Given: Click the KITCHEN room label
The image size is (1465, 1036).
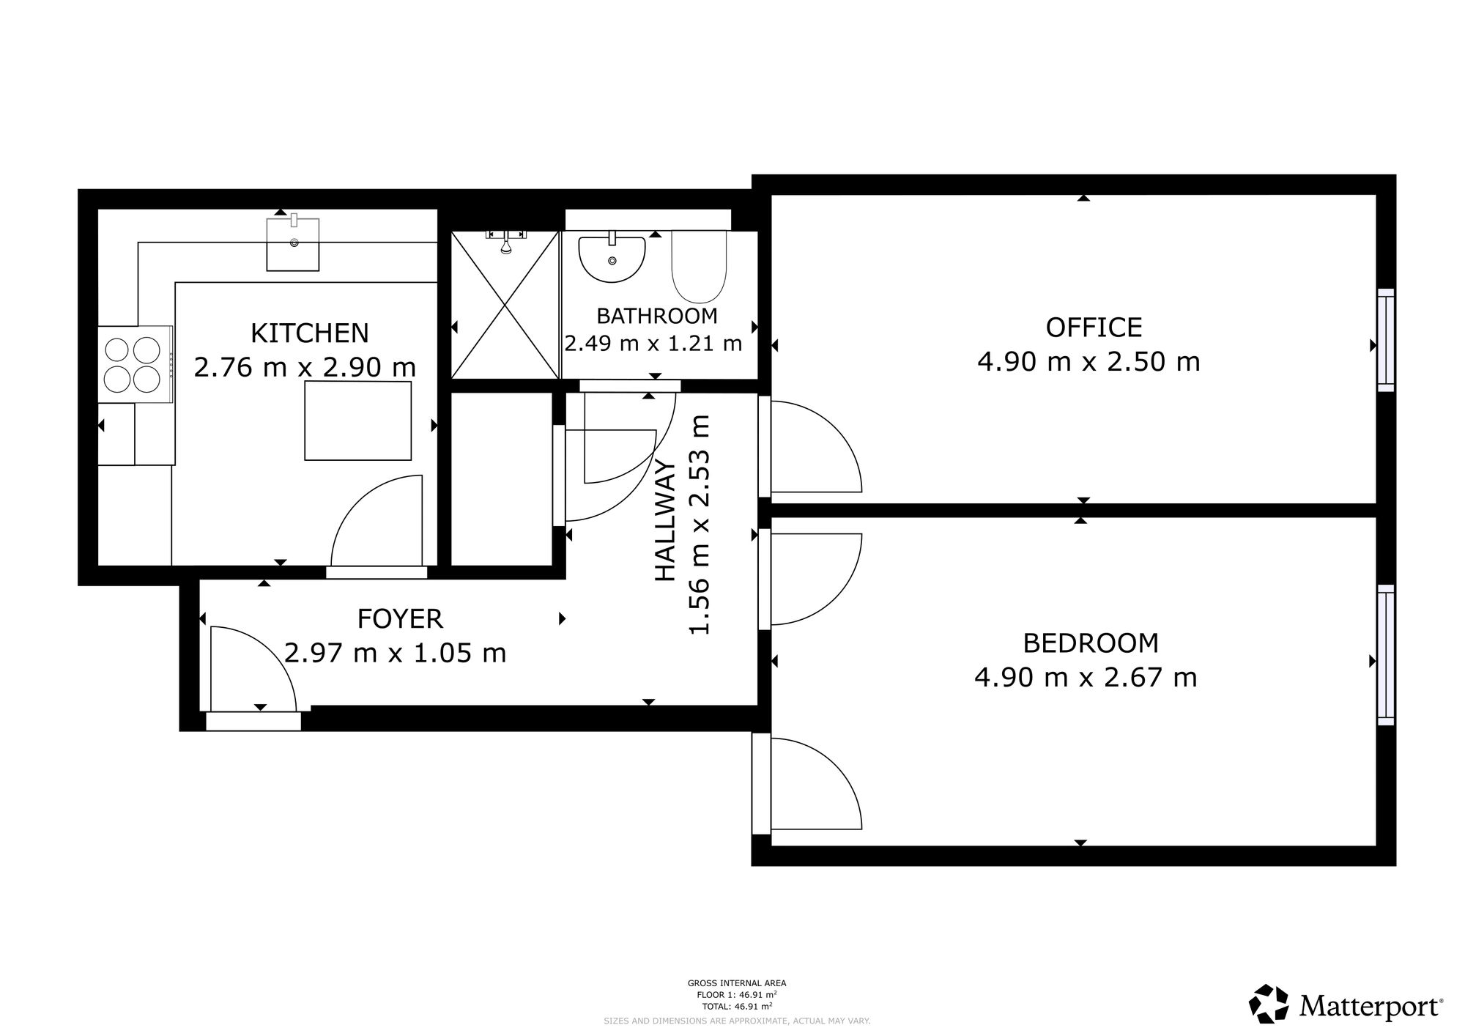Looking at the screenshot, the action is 309,333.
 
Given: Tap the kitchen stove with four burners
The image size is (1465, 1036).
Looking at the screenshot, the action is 135,364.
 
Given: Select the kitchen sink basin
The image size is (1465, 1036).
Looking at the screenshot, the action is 293,244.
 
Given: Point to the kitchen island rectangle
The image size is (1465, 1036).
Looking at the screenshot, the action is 357,421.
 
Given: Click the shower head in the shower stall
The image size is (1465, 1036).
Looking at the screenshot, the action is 505,242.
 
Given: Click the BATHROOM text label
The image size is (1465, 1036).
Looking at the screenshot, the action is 656,317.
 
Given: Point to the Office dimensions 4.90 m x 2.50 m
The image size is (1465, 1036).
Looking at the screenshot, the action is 1088,362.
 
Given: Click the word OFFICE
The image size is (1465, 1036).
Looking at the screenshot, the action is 1094,328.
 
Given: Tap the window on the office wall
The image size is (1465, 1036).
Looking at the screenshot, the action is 1386,340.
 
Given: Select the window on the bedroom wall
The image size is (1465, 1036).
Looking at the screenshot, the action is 1386,655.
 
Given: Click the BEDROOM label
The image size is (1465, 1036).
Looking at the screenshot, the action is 1091,643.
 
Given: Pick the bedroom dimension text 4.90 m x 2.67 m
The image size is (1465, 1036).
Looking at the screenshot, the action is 1086,677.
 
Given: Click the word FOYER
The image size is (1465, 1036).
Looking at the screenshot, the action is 400,619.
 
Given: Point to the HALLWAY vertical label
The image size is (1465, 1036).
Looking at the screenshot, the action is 664,521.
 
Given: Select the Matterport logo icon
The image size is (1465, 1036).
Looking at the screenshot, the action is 1269,1004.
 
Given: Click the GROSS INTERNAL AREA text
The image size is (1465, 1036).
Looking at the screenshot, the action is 737,983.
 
